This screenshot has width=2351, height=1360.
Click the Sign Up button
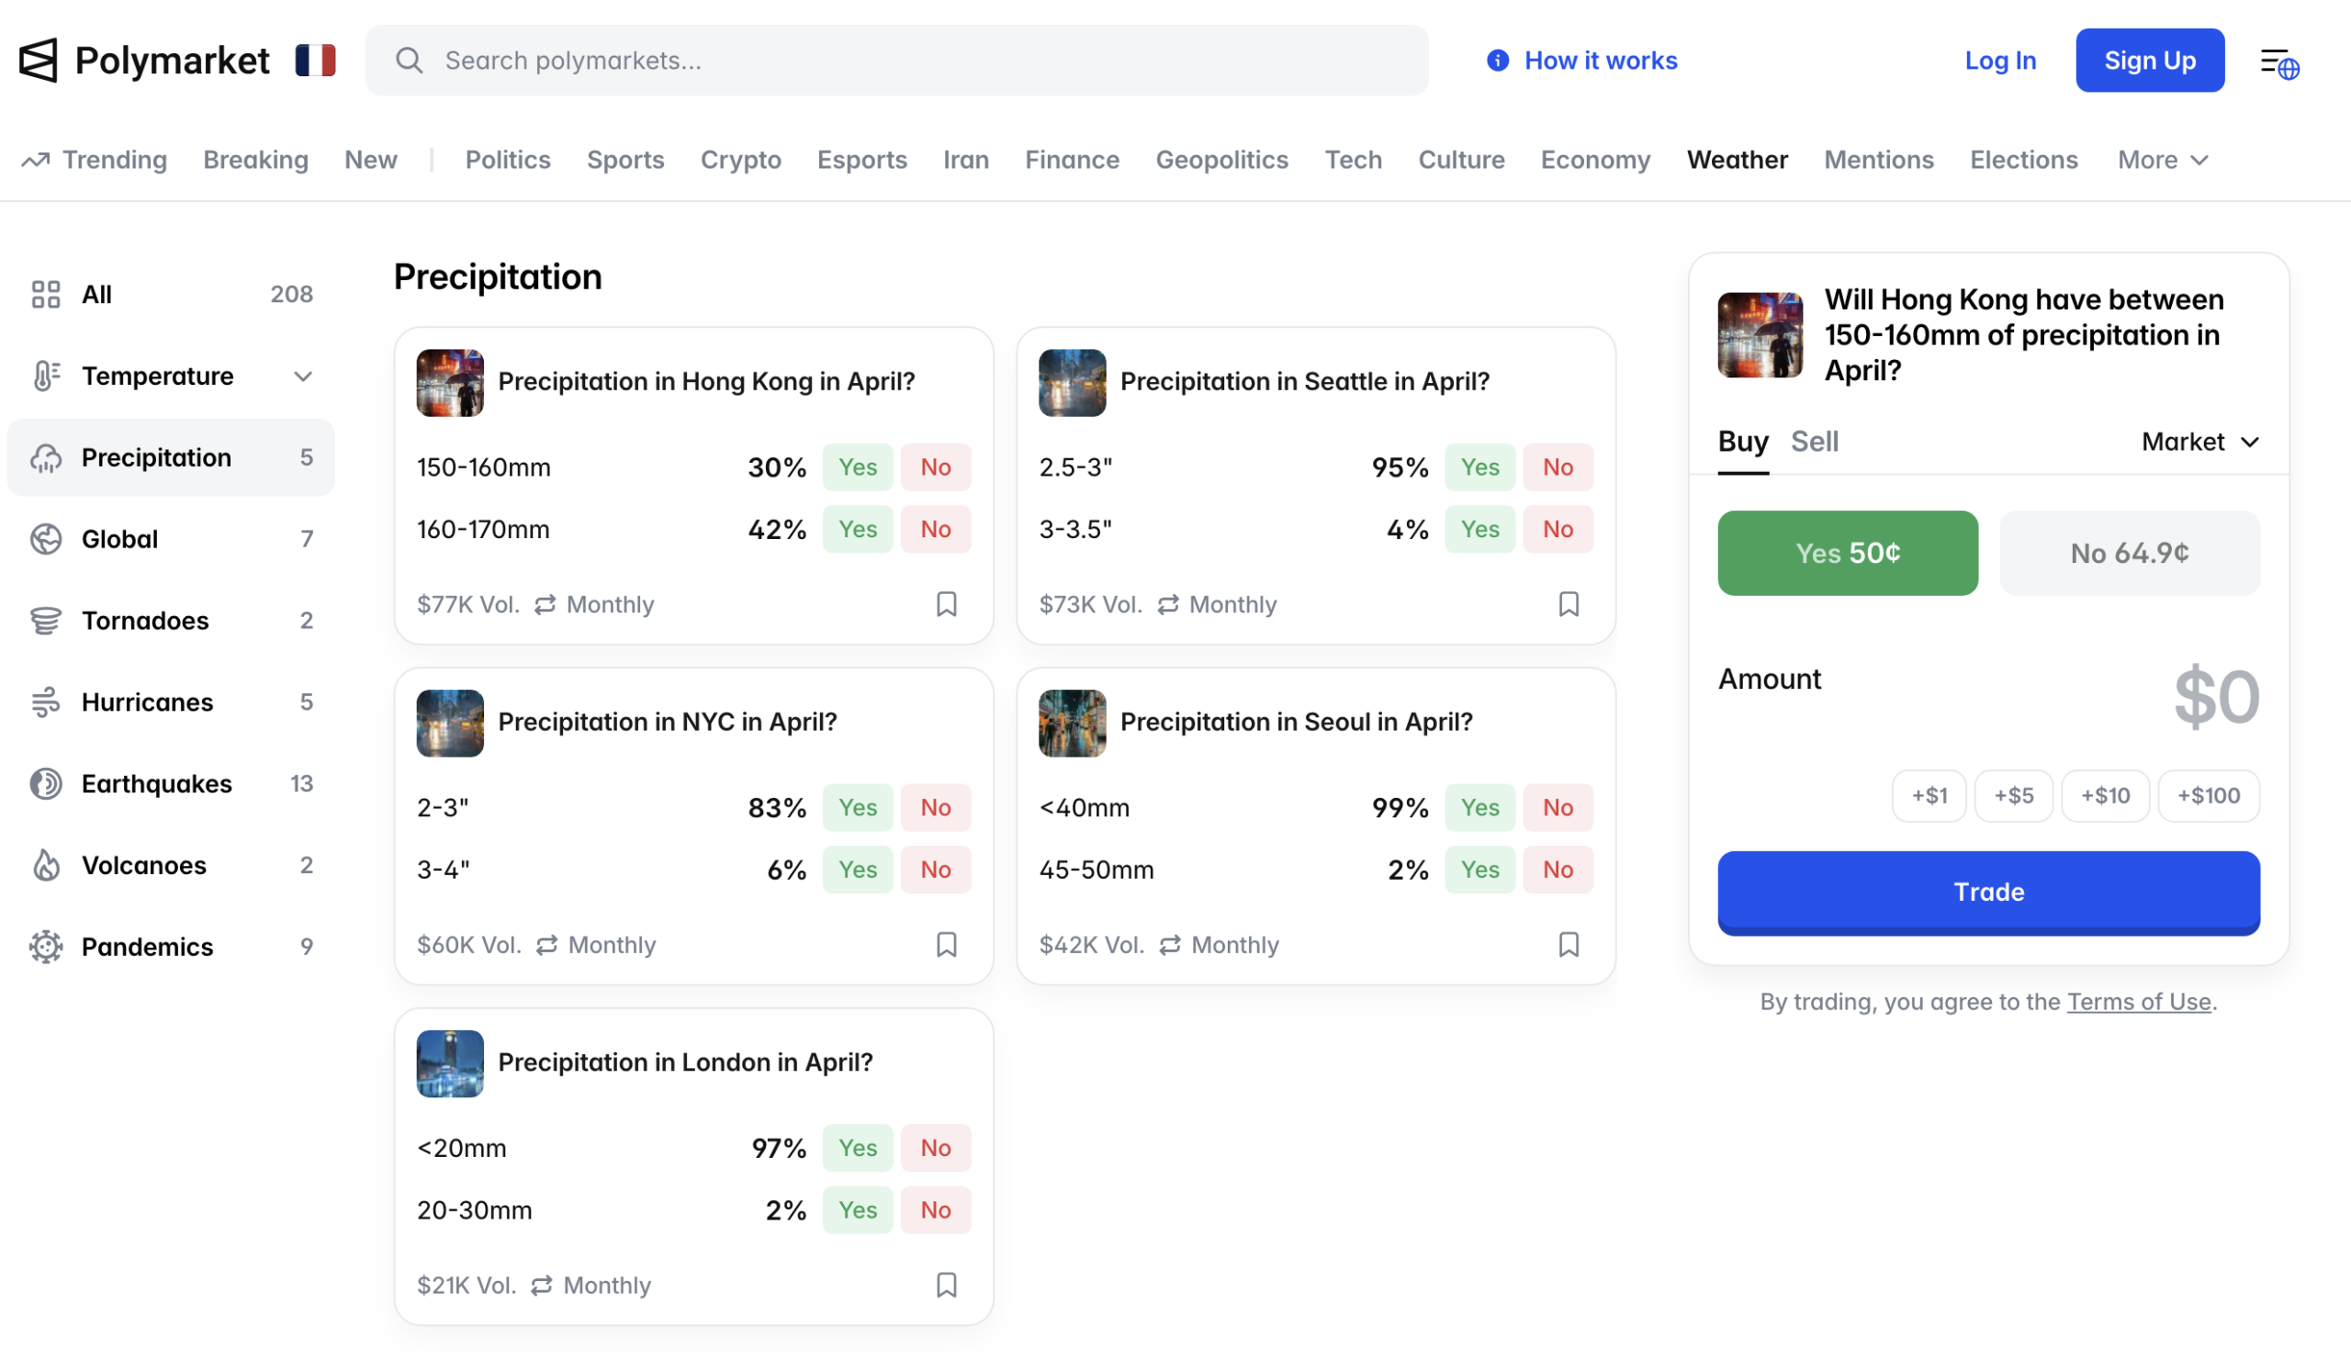(2149, 61)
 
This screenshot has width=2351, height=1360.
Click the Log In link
(1999, 61)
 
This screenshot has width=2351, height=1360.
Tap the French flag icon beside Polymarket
(315, 61)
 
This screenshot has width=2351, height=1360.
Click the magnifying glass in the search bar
(409, 61)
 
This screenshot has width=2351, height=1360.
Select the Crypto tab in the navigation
(741, 160)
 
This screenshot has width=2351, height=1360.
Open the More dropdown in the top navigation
(2162, 160)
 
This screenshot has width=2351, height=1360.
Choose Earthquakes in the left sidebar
(157, 783)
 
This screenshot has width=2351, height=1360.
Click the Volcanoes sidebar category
(143, 865)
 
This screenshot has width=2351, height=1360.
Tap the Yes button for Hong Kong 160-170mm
(857, 529)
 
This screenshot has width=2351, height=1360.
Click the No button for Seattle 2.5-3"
(1557, 466)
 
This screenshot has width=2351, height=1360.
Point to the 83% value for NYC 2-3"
(776, 807)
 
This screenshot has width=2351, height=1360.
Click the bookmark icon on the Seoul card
(1569, 944)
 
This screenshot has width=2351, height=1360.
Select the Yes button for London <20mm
(857, 1147)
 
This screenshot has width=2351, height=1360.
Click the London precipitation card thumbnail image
(450, 1063)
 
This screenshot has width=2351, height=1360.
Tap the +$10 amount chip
(2105, 795)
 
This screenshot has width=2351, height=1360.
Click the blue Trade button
(1988, 892)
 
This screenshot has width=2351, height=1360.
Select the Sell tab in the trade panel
(1814, 441)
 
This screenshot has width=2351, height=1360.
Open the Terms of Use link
(2138, 1001)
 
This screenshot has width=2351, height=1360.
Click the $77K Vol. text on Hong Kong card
(467, 604)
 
